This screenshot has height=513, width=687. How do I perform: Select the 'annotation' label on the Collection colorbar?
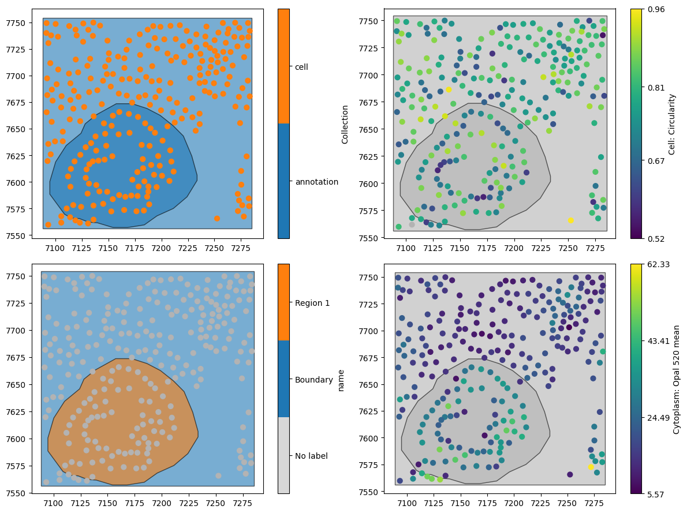[316, 182]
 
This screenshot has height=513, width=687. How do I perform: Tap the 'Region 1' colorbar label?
[312, 303]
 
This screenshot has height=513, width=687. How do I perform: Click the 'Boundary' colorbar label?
[313, 380]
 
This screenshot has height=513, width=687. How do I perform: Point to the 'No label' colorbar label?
[312, 456]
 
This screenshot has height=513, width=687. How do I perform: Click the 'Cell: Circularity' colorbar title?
[672, 123]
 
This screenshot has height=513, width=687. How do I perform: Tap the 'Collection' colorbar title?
[345, 124]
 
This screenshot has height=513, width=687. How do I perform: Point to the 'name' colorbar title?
[341, 380]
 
